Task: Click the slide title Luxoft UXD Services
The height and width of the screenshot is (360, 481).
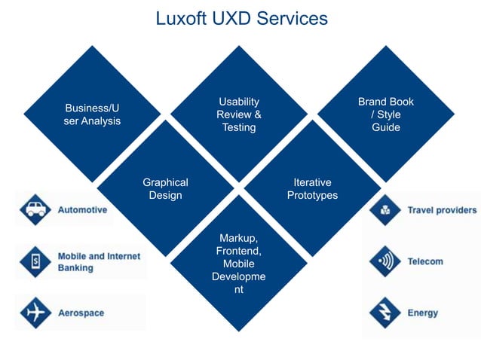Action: pyautogui.click(x=241, y=18)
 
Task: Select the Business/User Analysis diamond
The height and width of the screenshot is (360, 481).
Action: pyautogui.click(x=92, y=114)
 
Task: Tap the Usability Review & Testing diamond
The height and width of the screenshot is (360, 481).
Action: pyautogui.click(x=239, y=114)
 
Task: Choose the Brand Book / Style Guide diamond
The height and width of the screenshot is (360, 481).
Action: pyautogui.click(x=385, y=114)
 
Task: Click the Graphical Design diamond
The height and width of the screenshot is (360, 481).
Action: pyautogui.click(x=165, y=188)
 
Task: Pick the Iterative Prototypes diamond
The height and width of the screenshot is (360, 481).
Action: pyautogui.click(x=312, y=188)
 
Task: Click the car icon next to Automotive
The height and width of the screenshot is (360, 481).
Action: pyautogui.click(x=35, y=209)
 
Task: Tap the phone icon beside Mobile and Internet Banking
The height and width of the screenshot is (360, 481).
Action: pyautogui.click(x=35, y=261)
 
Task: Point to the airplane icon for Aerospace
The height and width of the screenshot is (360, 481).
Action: pyautogui.click(x=35, y=313)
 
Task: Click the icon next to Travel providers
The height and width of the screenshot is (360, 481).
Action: pyautogui.click(x=385, y=210)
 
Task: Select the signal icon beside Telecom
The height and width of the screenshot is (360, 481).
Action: pyautogui.click(x=385, y=261)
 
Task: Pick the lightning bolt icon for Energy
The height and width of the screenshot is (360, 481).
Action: pyautogui.click(x=385, y=313)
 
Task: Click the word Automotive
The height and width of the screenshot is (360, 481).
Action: pyautogui.click(x=82, y=210)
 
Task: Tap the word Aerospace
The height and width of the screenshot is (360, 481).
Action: pyautogui.click(x=81, y=313)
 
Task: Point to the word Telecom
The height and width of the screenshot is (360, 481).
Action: pyautogui.click(x=425, y=262)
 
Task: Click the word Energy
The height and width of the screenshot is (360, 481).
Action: pyautogui.click(x=422, y=313)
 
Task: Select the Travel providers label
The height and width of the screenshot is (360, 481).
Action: pyautogui.click(x=442, y=210)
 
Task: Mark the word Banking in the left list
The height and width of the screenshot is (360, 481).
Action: pyautogui.click(x=75, y=267)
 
